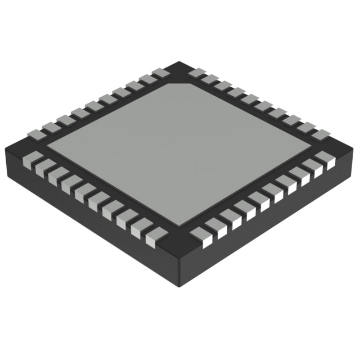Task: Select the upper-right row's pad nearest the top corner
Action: (x=196, y=73)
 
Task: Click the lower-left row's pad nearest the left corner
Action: (x=34, y=157)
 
